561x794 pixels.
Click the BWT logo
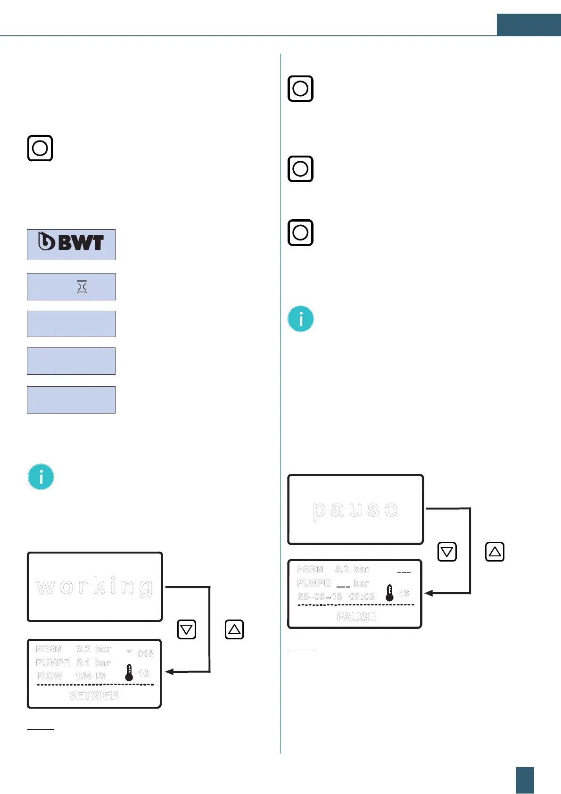(71, 242)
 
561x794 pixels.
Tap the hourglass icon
(82, 287)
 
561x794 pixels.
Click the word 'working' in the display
(95, 586)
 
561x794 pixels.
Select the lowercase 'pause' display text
(355, 509)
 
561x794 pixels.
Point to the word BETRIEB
(93, 695)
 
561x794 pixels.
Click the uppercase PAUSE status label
(356, 617)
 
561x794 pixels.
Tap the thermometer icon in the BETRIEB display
(129, 673)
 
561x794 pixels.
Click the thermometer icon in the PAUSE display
(389, 593)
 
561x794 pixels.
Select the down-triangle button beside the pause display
(447, 552)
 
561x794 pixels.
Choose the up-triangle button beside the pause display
(495, 552)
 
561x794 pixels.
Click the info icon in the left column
(41, 477)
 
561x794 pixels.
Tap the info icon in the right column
(301, 319)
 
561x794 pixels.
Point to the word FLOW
(49, 676)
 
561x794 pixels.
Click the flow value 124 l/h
(91, 676)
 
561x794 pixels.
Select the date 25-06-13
(320, 596)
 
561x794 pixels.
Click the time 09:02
(362, 596)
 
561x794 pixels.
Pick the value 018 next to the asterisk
(145, 653)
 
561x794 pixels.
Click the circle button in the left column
(40, 148)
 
